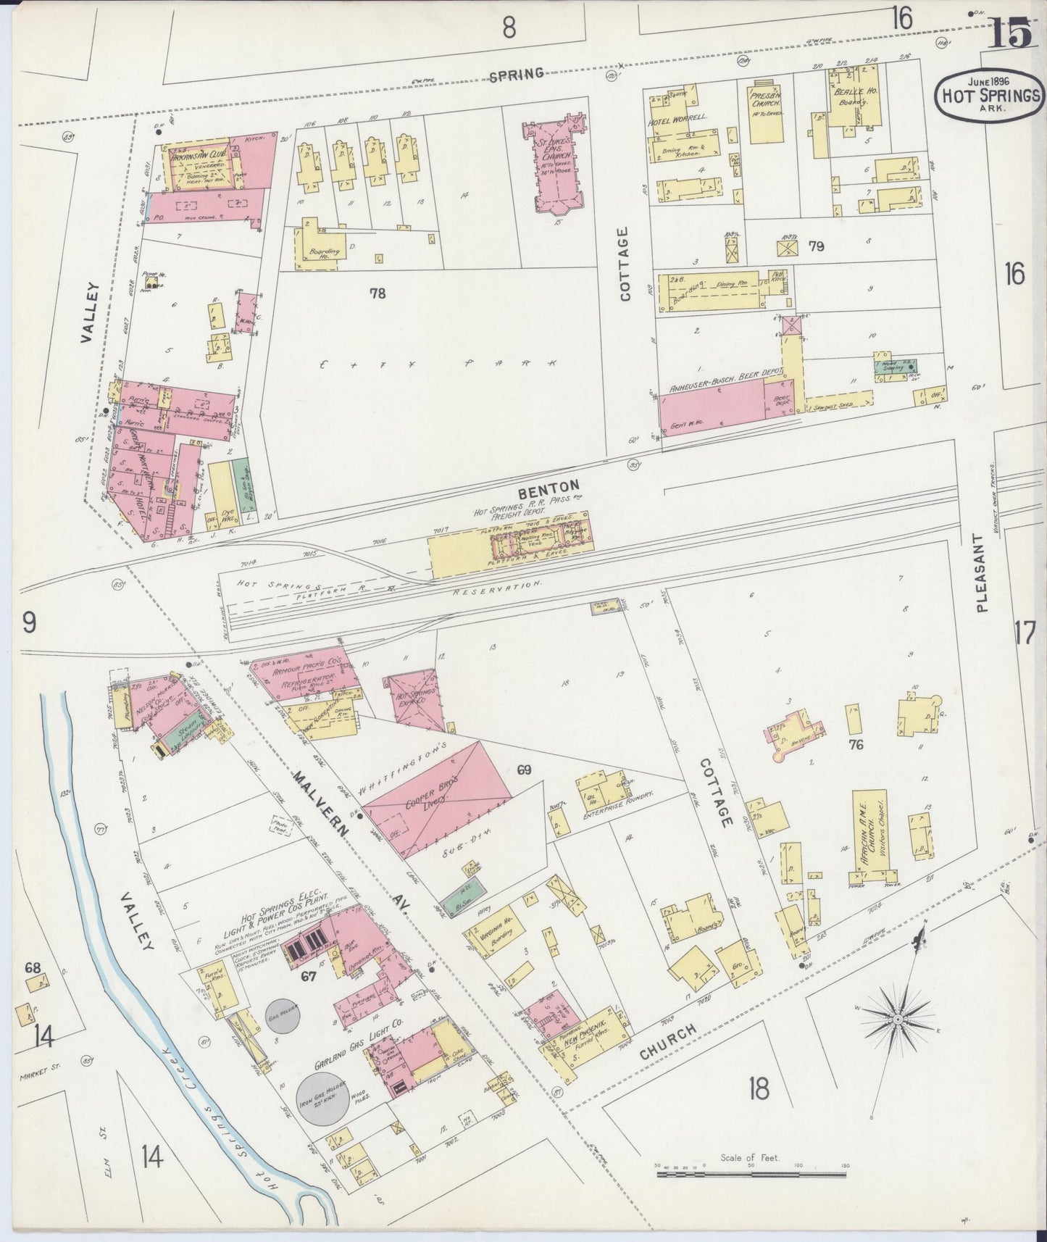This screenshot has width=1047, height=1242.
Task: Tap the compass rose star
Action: (x=898, y=1019)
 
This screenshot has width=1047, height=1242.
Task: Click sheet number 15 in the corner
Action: (x=1009, y=34)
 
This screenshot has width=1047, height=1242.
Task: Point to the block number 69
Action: (x=524, y=770)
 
